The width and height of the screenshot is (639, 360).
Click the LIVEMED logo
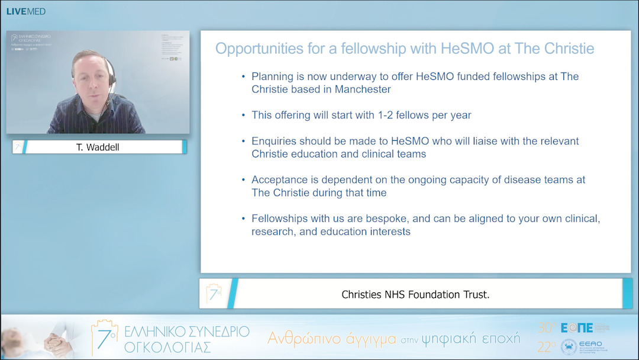pyautogui.click(x=25, y=11)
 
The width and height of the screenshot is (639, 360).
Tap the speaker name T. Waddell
pyautogui.click(x=98, y=147)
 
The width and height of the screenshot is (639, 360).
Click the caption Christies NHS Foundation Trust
pyautogui.click(x=415, y=294)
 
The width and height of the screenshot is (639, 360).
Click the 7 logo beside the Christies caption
pyautogui.click(x=213, y=293)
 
